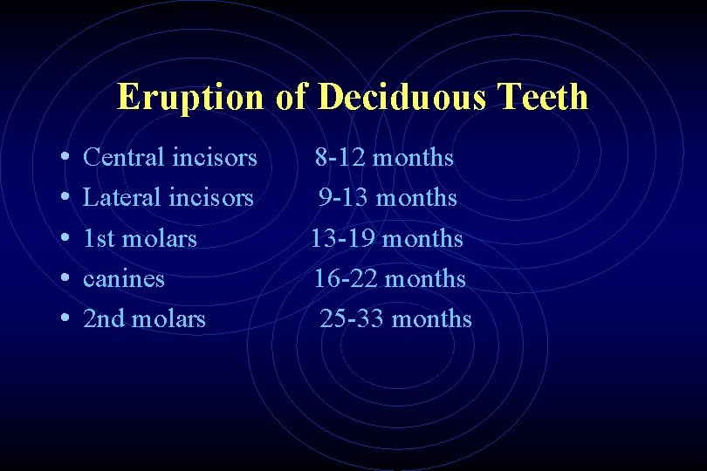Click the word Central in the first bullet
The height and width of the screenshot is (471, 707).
click(x=124, y=158)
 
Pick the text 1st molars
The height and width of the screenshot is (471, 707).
click(x=140, y=238)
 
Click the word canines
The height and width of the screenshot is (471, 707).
click(x=123, y=279)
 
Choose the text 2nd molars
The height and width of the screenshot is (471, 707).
click(x=144, y=319)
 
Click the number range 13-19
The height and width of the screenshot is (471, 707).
click(x=343, y=238)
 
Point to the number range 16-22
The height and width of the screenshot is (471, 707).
click(x=346, y=279)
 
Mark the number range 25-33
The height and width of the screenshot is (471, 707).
click(x=352, y=319)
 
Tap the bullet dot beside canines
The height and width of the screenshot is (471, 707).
click(x=67, y=279)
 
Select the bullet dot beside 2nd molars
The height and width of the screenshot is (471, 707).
click(x=67, y=319)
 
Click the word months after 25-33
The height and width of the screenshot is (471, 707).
click(x=432, y=319)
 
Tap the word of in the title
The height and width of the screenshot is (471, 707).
click(x=290, y=97)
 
